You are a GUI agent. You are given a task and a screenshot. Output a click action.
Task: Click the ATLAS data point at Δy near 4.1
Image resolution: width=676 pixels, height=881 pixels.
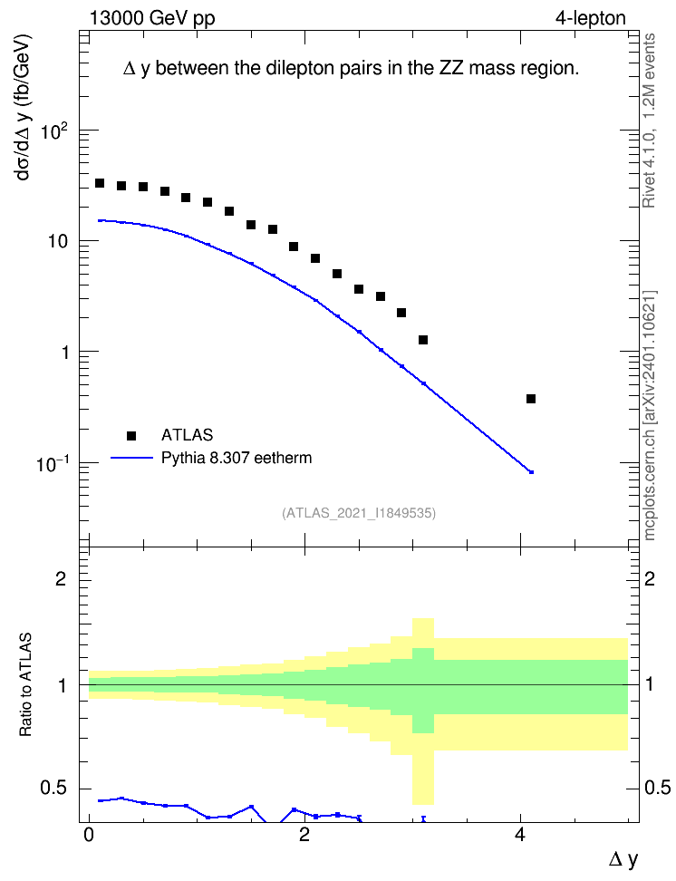[x=530, y=399]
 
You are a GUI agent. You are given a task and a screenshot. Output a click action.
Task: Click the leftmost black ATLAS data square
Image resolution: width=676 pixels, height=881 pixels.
[x=100, y=183]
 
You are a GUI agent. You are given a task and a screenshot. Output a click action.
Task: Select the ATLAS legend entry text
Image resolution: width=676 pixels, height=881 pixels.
[x=187, y=435]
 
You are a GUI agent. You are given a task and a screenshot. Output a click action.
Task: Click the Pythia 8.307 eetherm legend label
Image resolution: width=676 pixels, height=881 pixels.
[x=237, y=458]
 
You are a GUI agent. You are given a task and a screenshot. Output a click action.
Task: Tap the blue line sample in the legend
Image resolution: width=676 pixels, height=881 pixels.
[x=131, y=458]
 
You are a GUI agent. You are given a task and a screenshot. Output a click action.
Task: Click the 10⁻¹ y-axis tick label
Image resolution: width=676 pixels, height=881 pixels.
[x=52, y=465]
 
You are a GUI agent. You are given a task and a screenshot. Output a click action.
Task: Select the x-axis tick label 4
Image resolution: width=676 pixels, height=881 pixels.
[x=520, y=835]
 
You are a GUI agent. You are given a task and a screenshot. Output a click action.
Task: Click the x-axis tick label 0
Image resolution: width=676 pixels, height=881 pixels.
[x=89, y=835]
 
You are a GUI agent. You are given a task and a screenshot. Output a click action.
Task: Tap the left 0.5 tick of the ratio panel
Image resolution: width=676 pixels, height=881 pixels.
[x=53, y=789]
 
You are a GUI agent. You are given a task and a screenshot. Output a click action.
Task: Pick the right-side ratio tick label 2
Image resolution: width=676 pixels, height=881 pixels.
[x=650, y=578]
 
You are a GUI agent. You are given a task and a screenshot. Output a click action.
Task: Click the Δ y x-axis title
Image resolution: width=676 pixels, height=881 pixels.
[x=623, y=860]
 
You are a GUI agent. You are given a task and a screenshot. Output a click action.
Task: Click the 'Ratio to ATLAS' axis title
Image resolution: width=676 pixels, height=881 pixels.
[x=25, y=685]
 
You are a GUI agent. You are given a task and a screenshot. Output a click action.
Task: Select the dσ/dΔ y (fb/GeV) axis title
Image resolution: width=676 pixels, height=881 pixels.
[x=23, y=107]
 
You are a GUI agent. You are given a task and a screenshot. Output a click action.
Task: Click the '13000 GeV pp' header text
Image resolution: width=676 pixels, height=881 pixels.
[x=152, y=18]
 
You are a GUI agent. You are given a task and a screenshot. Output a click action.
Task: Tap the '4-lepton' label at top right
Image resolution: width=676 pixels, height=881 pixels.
[x=591, y=18]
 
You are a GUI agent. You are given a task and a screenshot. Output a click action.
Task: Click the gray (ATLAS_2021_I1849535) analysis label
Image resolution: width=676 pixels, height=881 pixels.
[x=359, y=513]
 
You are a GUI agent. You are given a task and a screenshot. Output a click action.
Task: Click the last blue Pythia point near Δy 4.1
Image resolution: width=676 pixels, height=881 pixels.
[x=531, y=472]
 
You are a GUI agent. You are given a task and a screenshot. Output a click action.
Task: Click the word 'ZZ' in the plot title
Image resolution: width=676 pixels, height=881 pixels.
[x=449, y=68]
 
